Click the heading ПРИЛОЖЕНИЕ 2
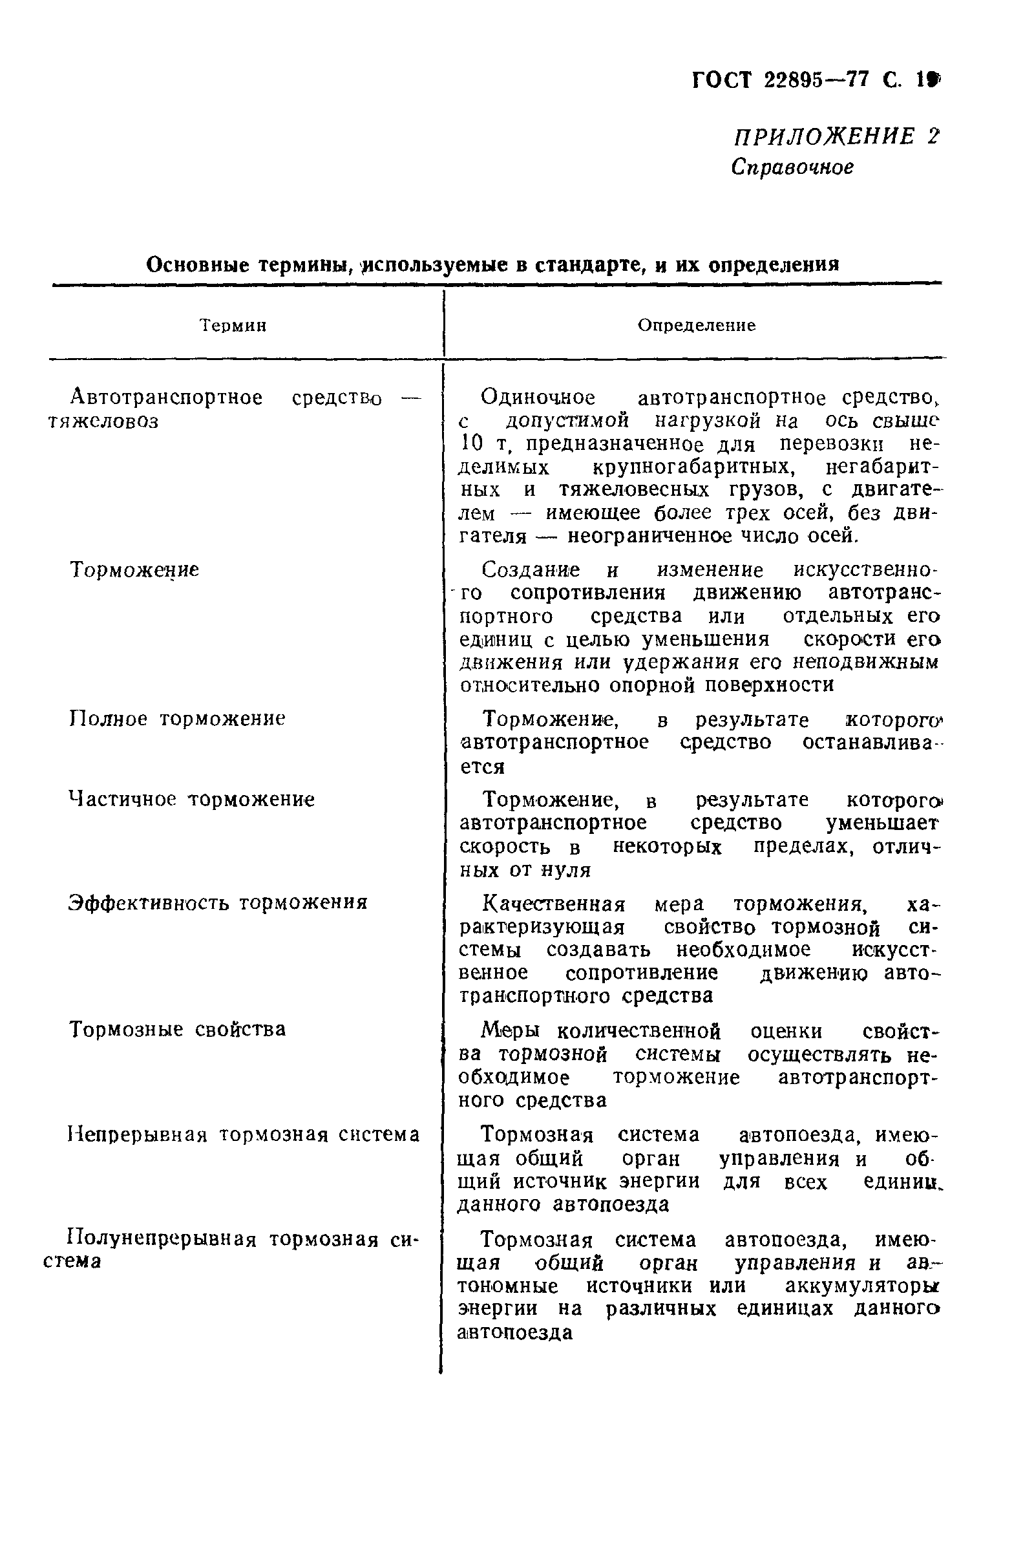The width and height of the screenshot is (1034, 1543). (835, 136)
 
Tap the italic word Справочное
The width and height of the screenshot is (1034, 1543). (791, 167)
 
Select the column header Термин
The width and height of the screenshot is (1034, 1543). (233, 326)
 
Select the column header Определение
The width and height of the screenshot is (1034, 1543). (696, 325)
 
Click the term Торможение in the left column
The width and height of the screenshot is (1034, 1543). (134, 569)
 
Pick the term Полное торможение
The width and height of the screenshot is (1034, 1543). (176, 718)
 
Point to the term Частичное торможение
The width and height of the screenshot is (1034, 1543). (191, 800)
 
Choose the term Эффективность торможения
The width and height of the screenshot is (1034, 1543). (218, 902)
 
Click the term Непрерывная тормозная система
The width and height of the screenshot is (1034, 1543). (244, 1135)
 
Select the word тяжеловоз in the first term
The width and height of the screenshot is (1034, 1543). (103, 421)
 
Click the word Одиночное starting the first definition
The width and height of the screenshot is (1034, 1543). (538, 398)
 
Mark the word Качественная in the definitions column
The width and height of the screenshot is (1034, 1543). (554, 904)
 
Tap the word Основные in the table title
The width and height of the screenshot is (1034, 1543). (197, 265)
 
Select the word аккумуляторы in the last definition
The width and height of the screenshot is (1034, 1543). (861, 1286)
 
